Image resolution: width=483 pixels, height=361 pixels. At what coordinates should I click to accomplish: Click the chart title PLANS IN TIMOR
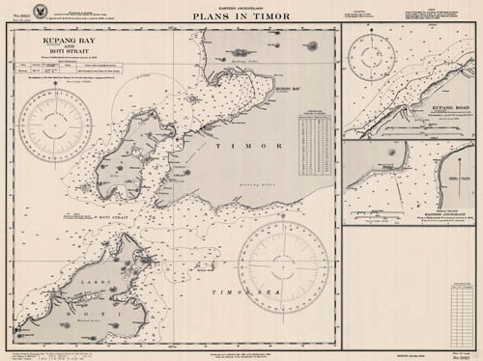tap(240, 16)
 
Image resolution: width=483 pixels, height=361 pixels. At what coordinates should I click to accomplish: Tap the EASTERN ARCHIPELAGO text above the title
tap(241, 7)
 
